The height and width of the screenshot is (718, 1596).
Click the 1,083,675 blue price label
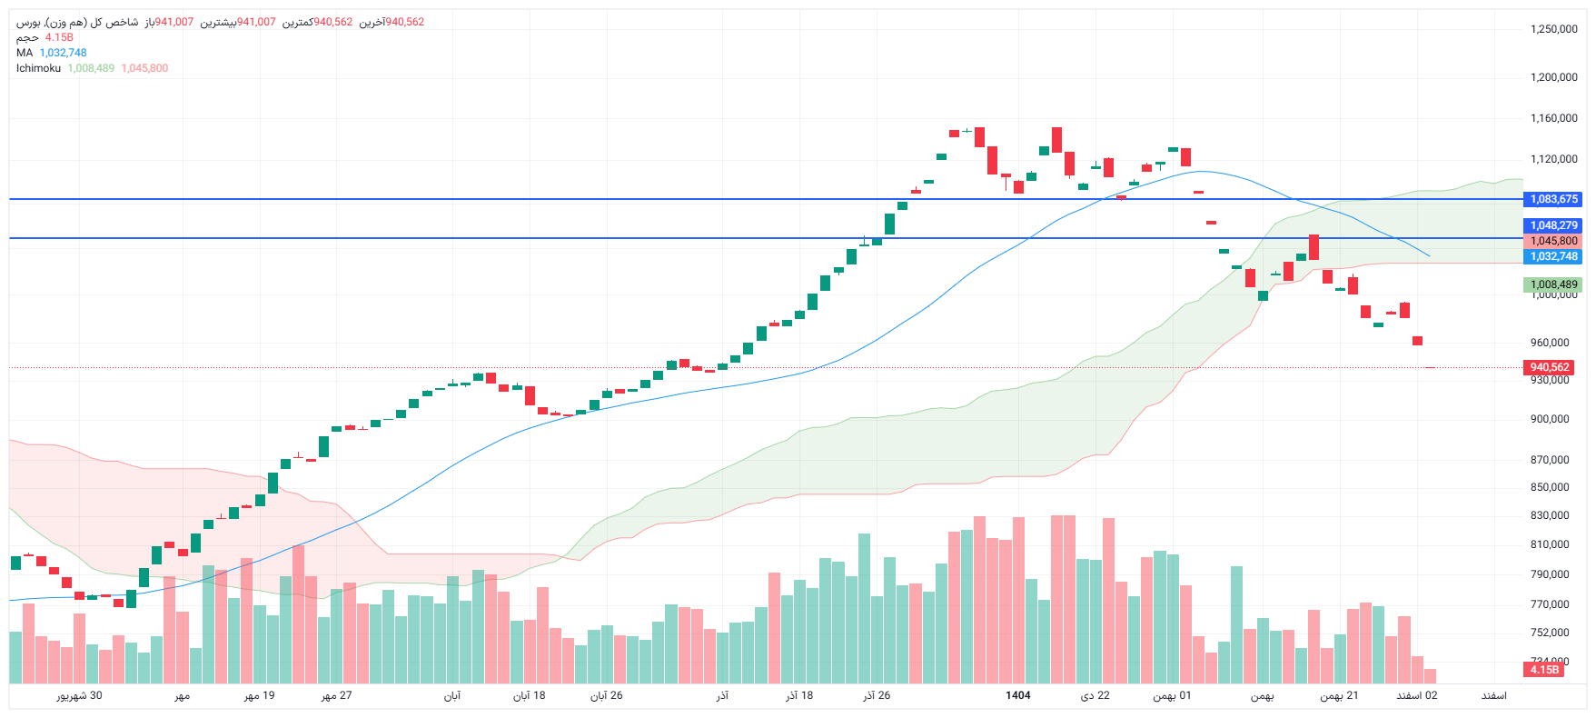[1553, 199]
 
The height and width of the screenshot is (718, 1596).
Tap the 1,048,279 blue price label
[1553, 225]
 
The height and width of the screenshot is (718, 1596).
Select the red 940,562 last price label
[1549, 367]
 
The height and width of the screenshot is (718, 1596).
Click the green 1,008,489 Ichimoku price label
[1553, 284]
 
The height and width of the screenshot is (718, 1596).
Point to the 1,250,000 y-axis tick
[1553, 29]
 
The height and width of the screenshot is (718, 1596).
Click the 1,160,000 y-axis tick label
[1553, 118]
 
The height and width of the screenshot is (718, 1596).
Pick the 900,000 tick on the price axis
[1549, 419]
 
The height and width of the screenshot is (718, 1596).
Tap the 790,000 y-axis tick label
[1549, 574]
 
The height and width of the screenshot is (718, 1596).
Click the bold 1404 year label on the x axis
[1017, 695]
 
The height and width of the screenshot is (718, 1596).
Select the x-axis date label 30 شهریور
[79, 695]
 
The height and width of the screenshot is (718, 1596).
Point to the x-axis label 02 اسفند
[1416, 695]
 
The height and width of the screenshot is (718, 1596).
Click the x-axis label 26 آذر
[877, 695]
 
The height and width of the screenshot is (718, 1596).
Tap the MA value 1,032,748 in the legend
[63, 53]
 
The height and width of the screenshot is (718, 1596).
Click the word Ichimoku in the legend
[38, 68]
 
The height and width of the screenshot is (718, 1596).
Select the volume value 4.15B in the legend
[59, 37]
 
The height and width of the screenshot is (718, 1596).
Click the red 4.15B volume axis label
[1543, 670]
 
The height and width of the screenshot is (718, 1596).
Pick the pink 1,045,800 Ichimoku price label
[1553, 241]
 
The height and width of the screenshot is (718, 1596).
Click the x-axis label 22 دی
[1095, 695]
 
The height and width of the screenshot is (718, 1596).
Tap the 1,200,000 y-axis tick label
[1553, 77]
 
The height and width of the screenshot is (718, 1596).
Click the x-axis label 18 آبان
[529, 695]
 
